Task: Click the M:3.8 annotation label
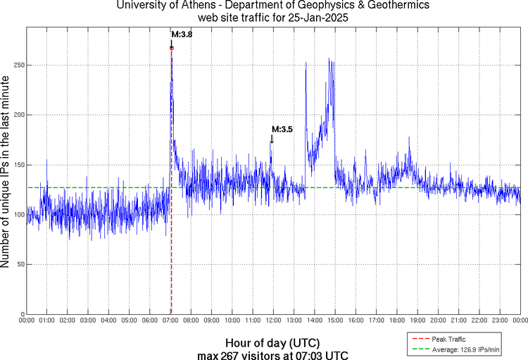[x=182, y=34]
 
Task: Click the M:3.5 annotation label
[x=282, y=129]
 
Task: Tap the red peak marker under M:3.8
[x=171, y=48]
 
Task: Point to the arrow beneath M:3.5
[x=272, y=139]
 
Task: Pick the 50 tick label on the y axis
[x=18, y=264]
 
